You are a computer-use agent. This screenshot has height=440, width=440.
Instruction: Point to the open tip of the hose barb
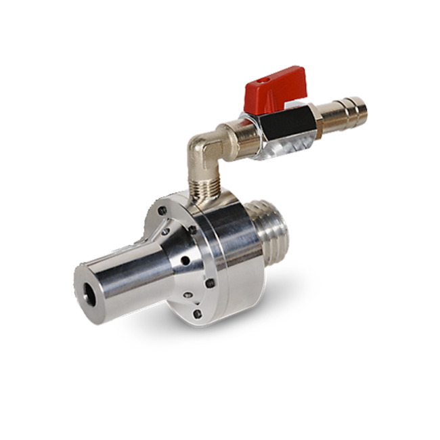click(x=364, y=111)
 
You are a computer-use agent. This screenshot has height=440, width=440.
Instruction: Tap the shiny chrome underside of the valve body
click(x=288, y=144)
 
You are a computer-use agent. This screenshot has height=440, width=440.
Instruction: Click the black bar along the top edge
click(x=220, y=18)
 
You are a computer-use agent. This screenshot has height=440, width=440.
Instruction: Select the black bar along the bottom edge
click(x=220, y=421)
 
